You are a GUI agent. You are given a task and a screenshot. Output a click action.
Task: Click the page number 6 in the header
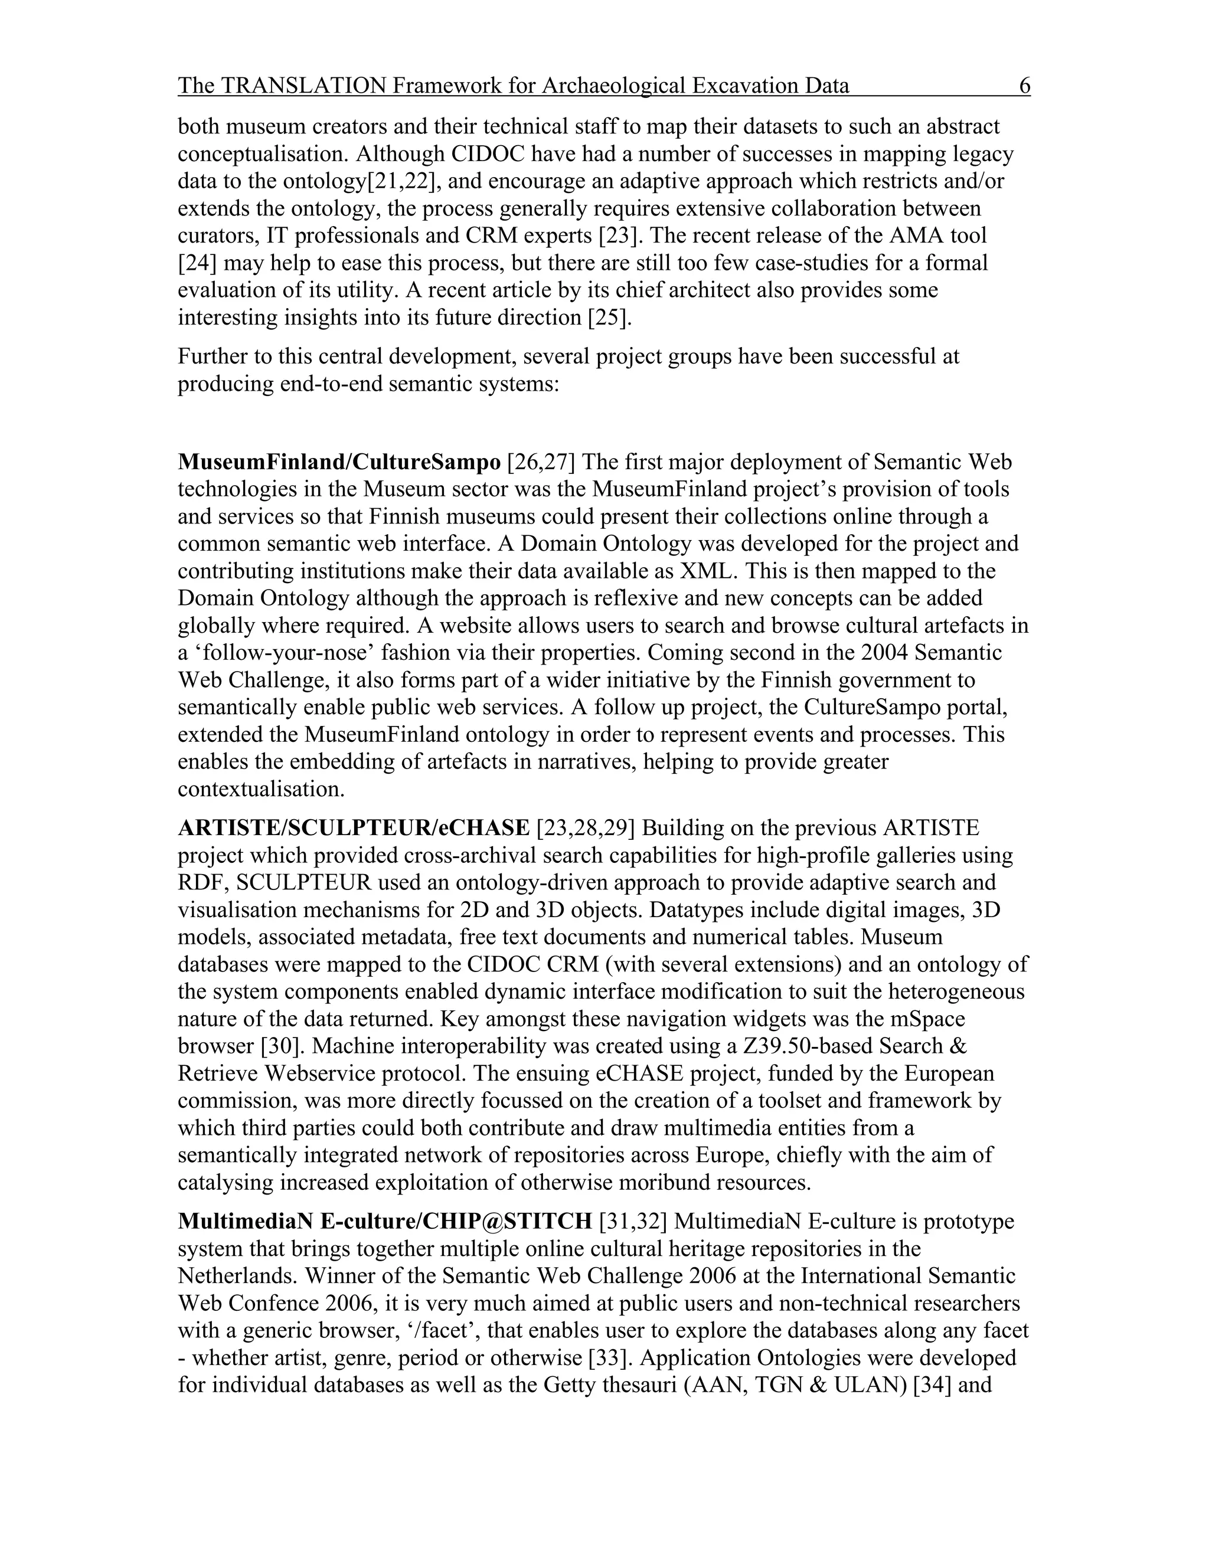[x=1024, y=87]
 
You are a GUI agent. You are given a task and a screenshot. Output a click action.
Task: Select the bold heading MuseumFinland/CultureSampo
[x=339, y=463]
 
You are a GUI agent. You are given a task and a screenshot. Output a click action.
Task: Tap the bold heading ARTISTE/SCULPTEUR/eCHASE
[x=354, y=829]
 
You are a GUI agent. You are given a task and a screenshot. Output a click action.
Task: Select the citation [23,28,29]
[x=585, y=829]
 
